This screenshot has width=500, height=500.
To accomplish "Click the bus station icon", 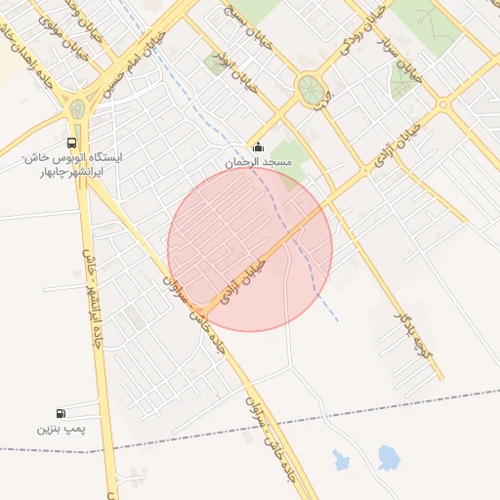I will click(77, 141).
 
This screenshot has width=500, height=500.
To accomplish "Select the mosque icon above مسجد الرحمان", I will click(258, 147).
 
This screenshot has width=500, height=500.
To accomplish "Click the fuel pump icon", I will click(62, 414).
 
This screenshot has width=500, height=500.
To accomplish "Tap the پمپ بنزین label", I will click(62, 429).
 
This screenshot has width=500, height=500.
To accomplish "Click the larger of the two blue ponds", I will click(389, 457).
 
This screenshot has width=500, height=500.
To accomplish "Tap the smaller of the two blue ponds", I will click(341, 459).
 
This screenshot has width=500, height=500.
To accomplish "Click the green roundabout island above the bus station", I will click(76, 106).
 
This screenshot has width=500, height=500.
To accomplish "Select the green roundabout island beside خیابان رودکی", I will click(311, 88).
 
